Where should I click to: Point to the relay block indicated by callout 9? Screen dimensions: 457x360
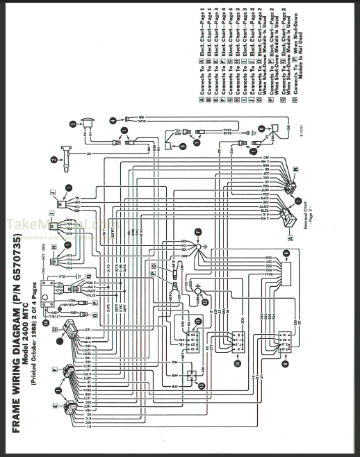[284, 344]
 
